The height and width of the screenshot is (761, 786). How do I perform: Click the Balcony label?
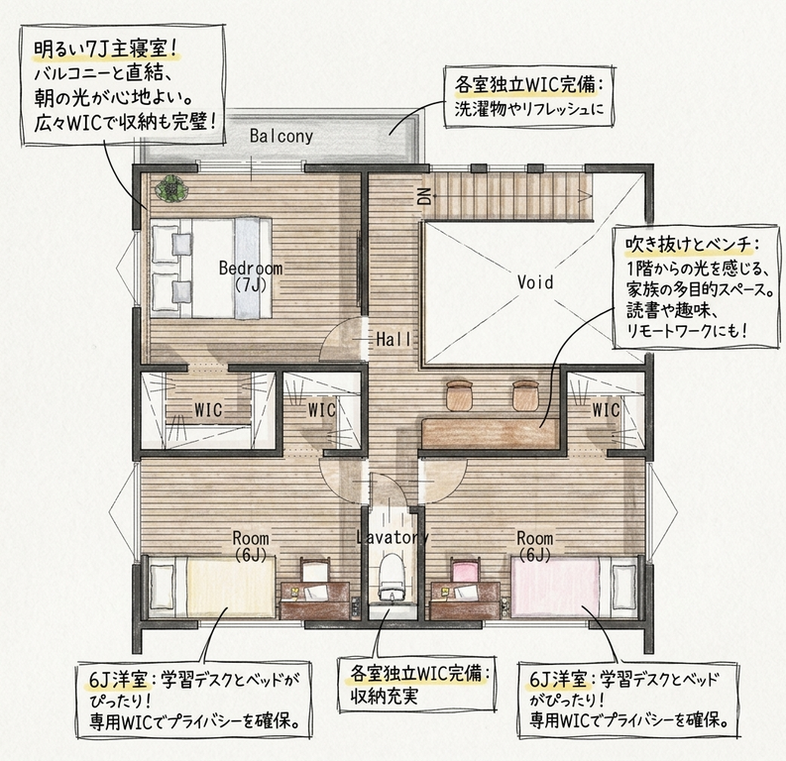(x=281, y=137)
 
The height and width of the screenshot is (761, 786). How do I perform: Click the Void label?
(x=535, y=282)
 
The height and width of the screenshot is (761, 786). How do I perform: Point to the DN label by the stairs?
(x=424, y=196)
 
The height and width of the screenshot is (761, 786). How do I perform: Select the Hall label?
(x=394, y=340)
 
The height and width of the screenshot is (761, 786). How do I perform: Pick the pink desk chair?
(x=466, y=571)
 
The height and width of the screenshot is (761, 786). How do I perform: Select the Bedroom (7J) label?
(x=251, y=275)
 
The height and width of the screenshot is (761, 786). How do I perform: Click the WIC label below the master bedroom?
(x=208, y=410)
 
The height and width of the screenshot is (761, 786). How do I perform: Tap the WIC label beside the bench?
(x=606, y=410)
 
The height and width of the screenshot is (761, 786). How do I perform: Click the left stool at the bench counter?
(x=460, y=394)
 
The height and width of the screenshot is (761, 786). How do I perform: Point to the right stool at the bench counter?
(x=525, y=394)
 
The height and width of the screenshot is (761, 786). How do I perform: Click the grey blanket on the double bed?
(x=246, y=268)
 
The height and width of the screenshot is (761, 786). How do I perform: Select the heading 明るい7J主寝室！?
(x=106, y=50)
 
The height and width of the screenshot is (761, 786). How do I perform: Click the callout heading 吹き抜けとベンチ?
(x=689, y=245)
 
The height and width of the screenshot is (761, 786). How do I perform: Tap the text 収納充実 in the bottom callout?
(x=384, y=697)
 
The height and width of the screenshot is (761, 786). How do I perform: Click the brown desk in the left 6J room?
(x=314, y=600)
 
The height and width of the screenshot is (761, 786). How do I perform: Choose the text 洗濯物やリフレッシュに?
(x=529, y=109)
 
